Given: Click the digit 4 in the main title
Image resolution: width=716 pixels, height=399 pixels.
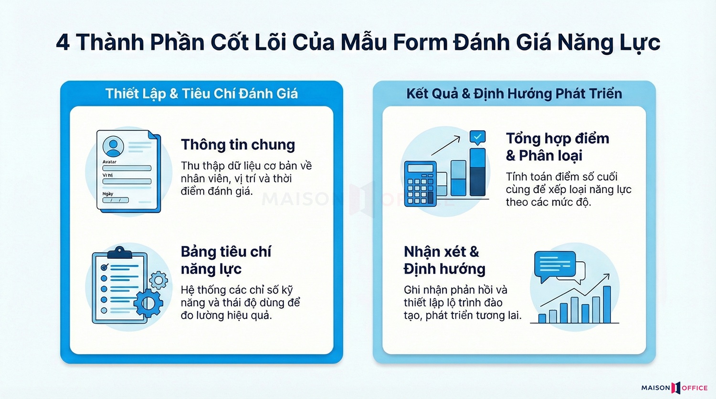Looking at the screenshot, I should coord(63,43).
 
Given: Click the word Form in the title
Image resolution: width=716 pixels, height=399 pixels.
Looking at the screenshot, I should coord(419,43).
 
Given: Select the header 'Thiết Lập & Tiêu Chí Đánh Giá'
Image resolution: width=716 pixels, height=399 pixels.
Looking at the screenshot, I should coord(201,93).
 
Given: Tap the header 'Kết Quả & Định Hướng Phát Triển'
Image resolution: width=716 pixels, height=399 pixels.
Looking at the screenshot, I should coord(514,93).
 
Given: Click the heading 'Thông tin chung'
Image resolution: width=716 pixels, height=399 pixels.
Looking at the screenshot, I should coord(238,144).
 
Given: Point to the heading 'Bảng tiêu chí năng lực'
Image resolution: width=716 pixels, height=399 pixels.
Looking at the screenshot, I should coord(225,260).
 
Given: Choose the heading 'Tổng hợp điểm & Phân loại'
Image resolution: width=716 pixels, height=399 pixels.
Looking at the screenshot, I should coord(557,147).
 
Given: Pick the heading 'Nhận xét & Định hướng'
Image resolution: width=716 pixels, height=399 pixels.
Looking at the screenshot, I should coord(444,260).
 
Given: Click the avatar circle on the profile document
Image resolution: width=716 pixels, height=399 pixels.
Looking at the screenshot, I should coord(113,146).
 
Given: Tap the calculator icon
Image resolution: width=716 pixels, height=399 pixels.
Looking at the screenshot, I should coord(420,184).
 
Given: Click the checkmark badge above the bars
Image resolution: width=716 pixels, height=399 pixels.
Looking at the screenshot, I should coord(477,137).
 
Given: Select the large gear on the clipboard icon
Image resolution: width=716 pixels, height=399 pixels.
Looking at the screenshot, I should coord(148,303).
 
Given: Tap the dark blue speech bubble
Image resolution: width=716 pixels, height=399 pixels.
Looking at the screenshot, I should coord(555,265).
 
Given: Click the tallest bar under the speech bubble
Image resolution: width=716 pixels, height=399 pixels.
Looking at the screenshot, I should coord(607,305).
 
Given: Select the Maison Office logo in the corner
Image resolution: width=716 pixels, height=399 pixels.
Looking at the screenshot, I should coord(674,388).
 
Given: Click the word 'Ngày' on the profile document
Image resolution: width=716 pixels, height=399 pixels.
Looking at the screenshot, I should coord(108,194).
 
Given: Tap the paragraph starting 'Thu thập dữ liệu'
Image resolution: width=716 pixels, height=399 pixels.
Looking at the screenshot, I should coord(246,178).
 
